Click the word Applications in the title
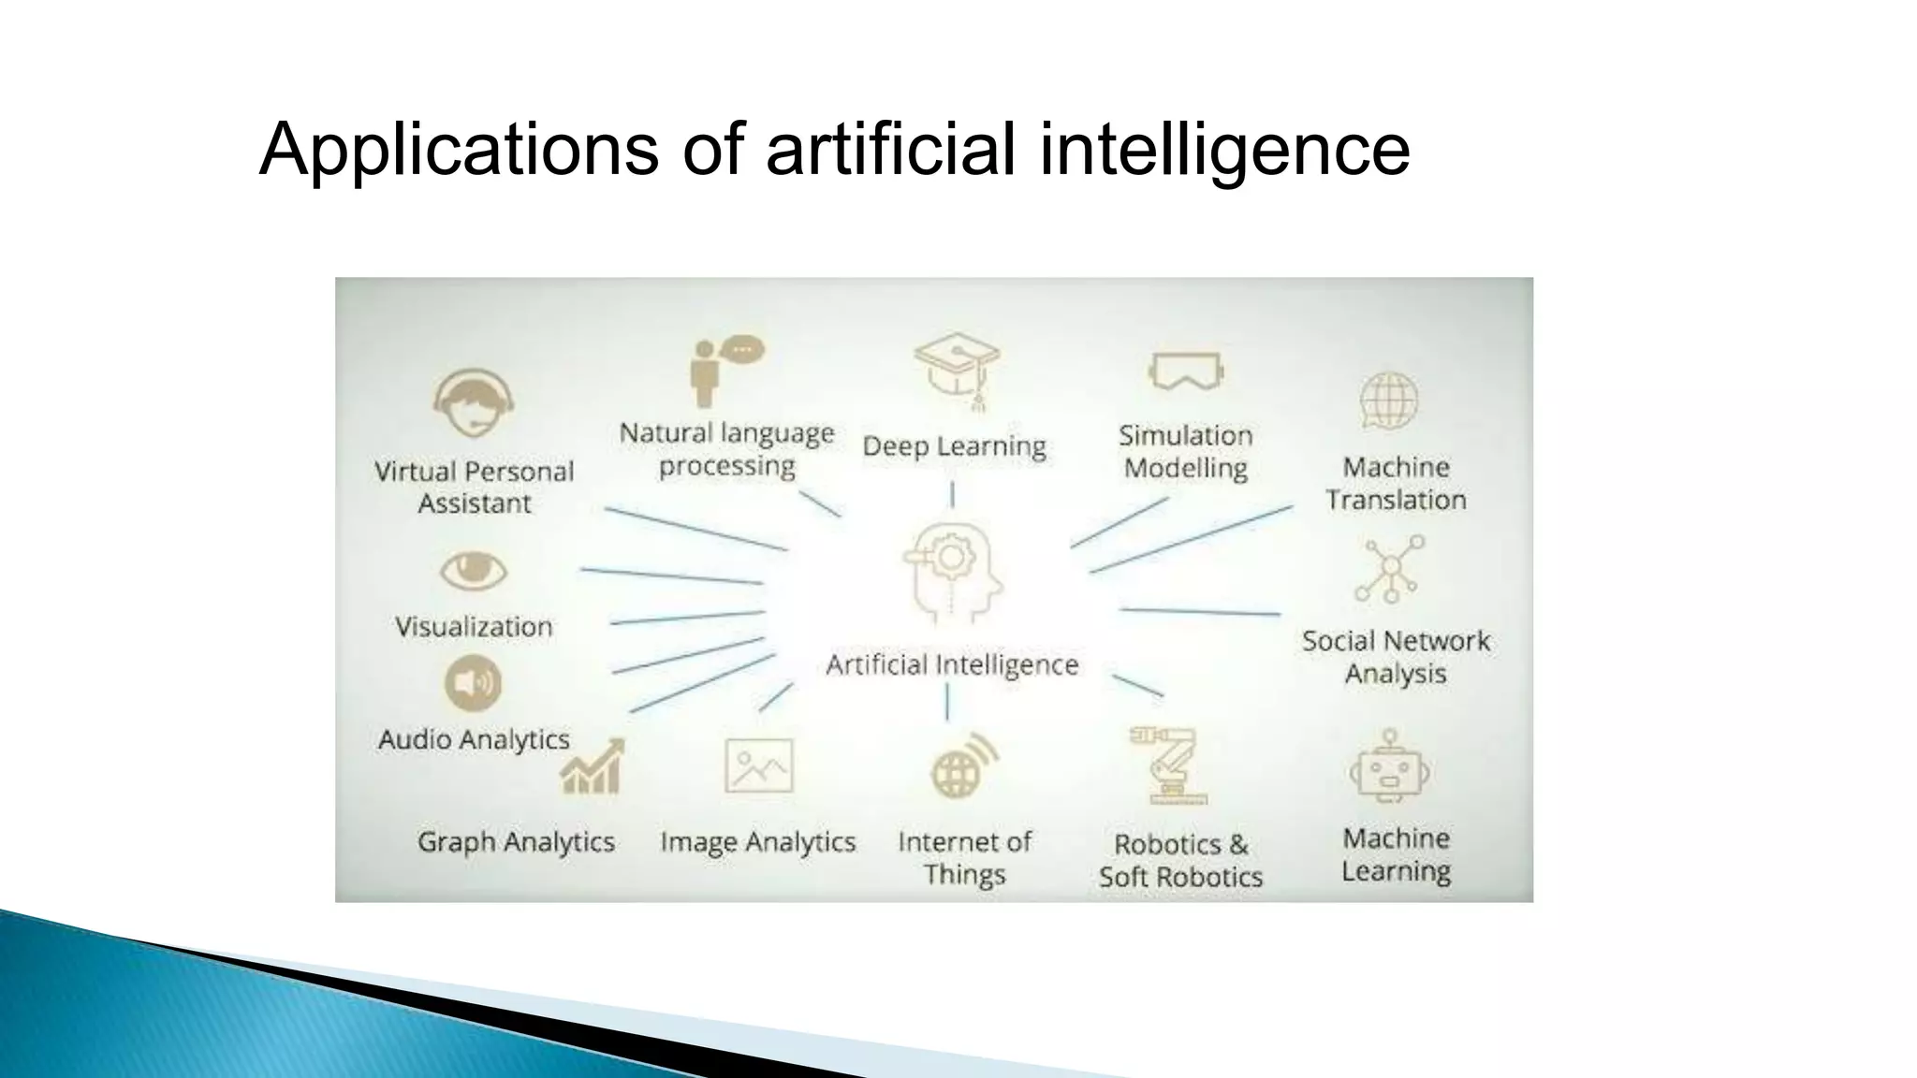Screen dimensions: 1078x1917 (x=458, y=150)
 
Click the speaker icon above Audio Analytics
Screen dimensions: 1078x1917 (x=473, y=683)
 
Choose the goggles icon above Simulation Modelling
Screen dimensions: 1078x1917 (x=1186, y=371)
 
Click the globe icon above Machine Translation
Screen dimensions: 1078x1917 (x=1389, y=401)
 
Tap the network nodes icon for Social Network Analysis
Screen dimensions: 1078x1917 (x=1390, y=568)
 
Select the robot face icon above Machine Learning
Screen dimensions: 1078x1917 (x=1390, y=768)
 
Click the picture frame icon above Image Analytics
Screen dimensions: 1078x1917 (x=759, y=765)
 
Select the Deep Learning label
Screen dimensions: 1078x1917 (x=954, y=446)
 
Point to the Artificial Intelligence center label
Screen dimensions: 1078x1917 (x=952, y=664)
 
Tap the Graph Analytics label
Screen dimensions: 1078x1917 (x=516, y=842)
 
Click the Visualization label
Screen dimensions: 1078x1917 (x=474, y=626)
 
